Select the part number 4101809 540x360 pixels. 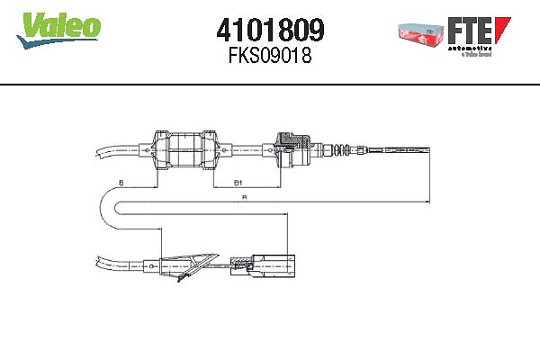(269, 30)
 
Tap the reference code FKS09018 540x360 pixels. (269, 55)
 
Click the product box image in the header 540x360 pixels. (421, 33)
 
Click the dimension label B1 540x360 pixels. (238, 183)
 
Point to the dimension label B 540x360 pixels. (121, 183)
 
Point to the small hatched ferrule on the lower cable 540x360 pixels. (241, 264)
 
